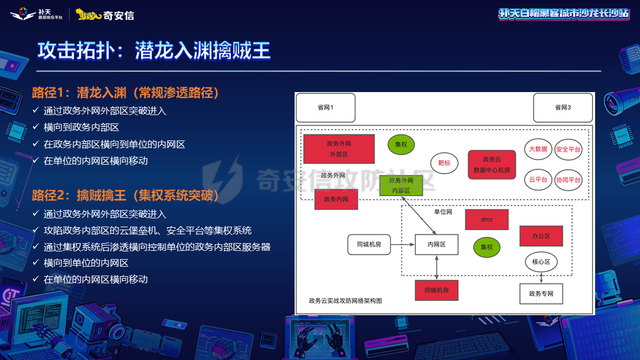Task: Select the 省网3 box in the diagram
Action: tap(563, 107)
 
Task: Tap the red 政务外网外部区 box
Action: tap(339, 149)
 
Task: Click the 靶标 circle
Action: tap(444, 163)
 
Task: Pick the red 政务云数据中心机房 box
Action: tap(492, 165)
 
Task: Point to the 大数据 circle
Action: tap(538, 149)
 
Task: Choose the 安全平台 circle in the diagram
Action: tap(568, 149)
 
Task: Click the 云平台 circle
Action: tap(538, 179)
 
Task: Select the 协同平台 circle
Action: tap(568, 179)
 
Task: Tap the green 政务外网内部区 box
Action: tap(400, 185)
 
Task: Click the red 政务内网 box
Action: tap(336, 199)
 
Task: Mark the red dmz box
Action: tap(486, 220)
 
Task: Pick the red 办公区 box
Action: tap(541, 235)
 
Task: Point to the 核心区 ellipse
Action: tap(541, 261)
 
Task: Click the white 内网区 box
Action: tap(437, 244)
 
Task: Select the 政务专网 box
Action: tap(541, 293)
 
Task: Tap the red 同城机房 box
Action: tap(437, 290)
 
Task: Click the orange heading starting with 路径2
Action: tap(125, 195)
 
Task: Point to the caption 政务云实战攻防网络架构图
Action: tap(345, 300)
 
